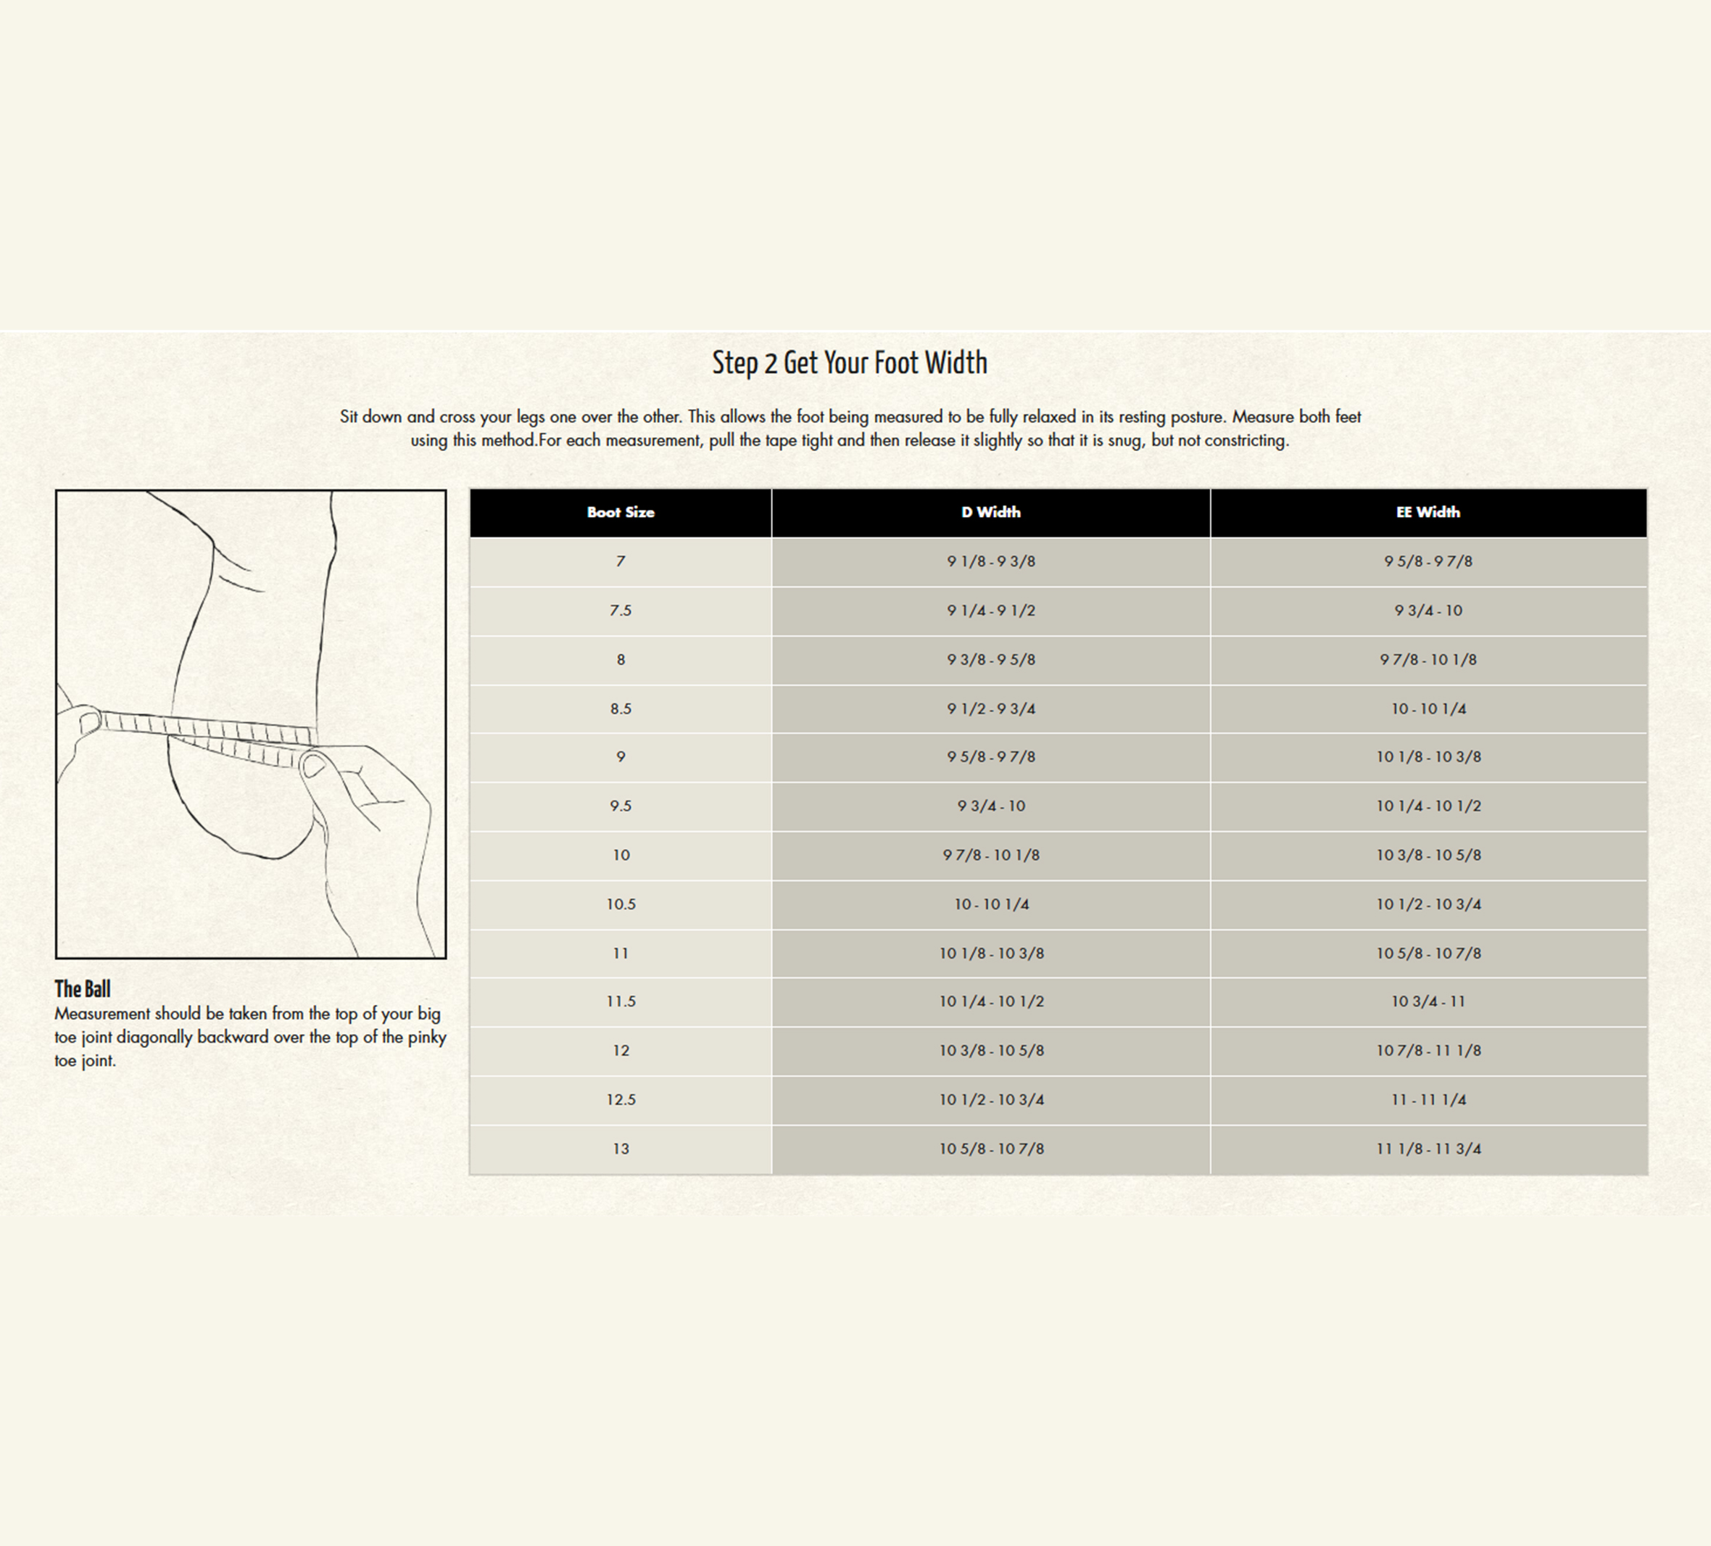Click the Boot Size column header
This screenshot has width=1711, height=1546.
tap(621, 512)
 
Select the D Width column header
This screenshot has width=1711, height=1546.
tap(990, 512)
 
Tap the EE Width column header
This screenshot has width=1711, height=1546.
tap(1428, 512)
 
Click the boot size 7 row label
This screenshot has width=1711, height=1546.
tap(621, 561)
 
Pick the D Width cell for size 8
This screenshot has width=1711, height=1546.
tap(990, 660)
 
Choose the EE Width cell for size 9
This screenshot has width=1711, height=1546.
tap(1428, 756)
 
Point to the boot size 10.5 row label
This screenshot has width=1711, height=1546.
tap(621, 904)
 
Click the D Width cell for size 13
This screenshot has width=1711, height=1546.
tap(990, 1149)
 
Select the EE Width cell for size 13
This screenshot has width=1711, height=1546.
tap(1428, 1149)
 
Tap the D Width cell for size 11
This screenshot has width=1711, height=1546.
tap(990, 954)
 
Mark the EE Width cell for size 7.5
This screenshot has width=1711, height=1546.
tap(1428, 611)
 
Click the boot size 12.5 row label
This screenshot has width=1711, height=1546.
tap(621, 1099)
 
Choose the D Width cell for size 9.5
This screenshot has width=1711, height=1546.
tap(990, 806)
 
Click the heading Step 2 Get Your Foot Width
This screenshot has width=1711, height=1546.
tap(850, 363)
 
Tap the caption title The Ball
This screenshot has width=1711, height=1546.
tap(83, 989)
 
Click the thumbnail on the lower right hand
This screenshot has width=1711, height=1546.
tap(313, 766)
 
